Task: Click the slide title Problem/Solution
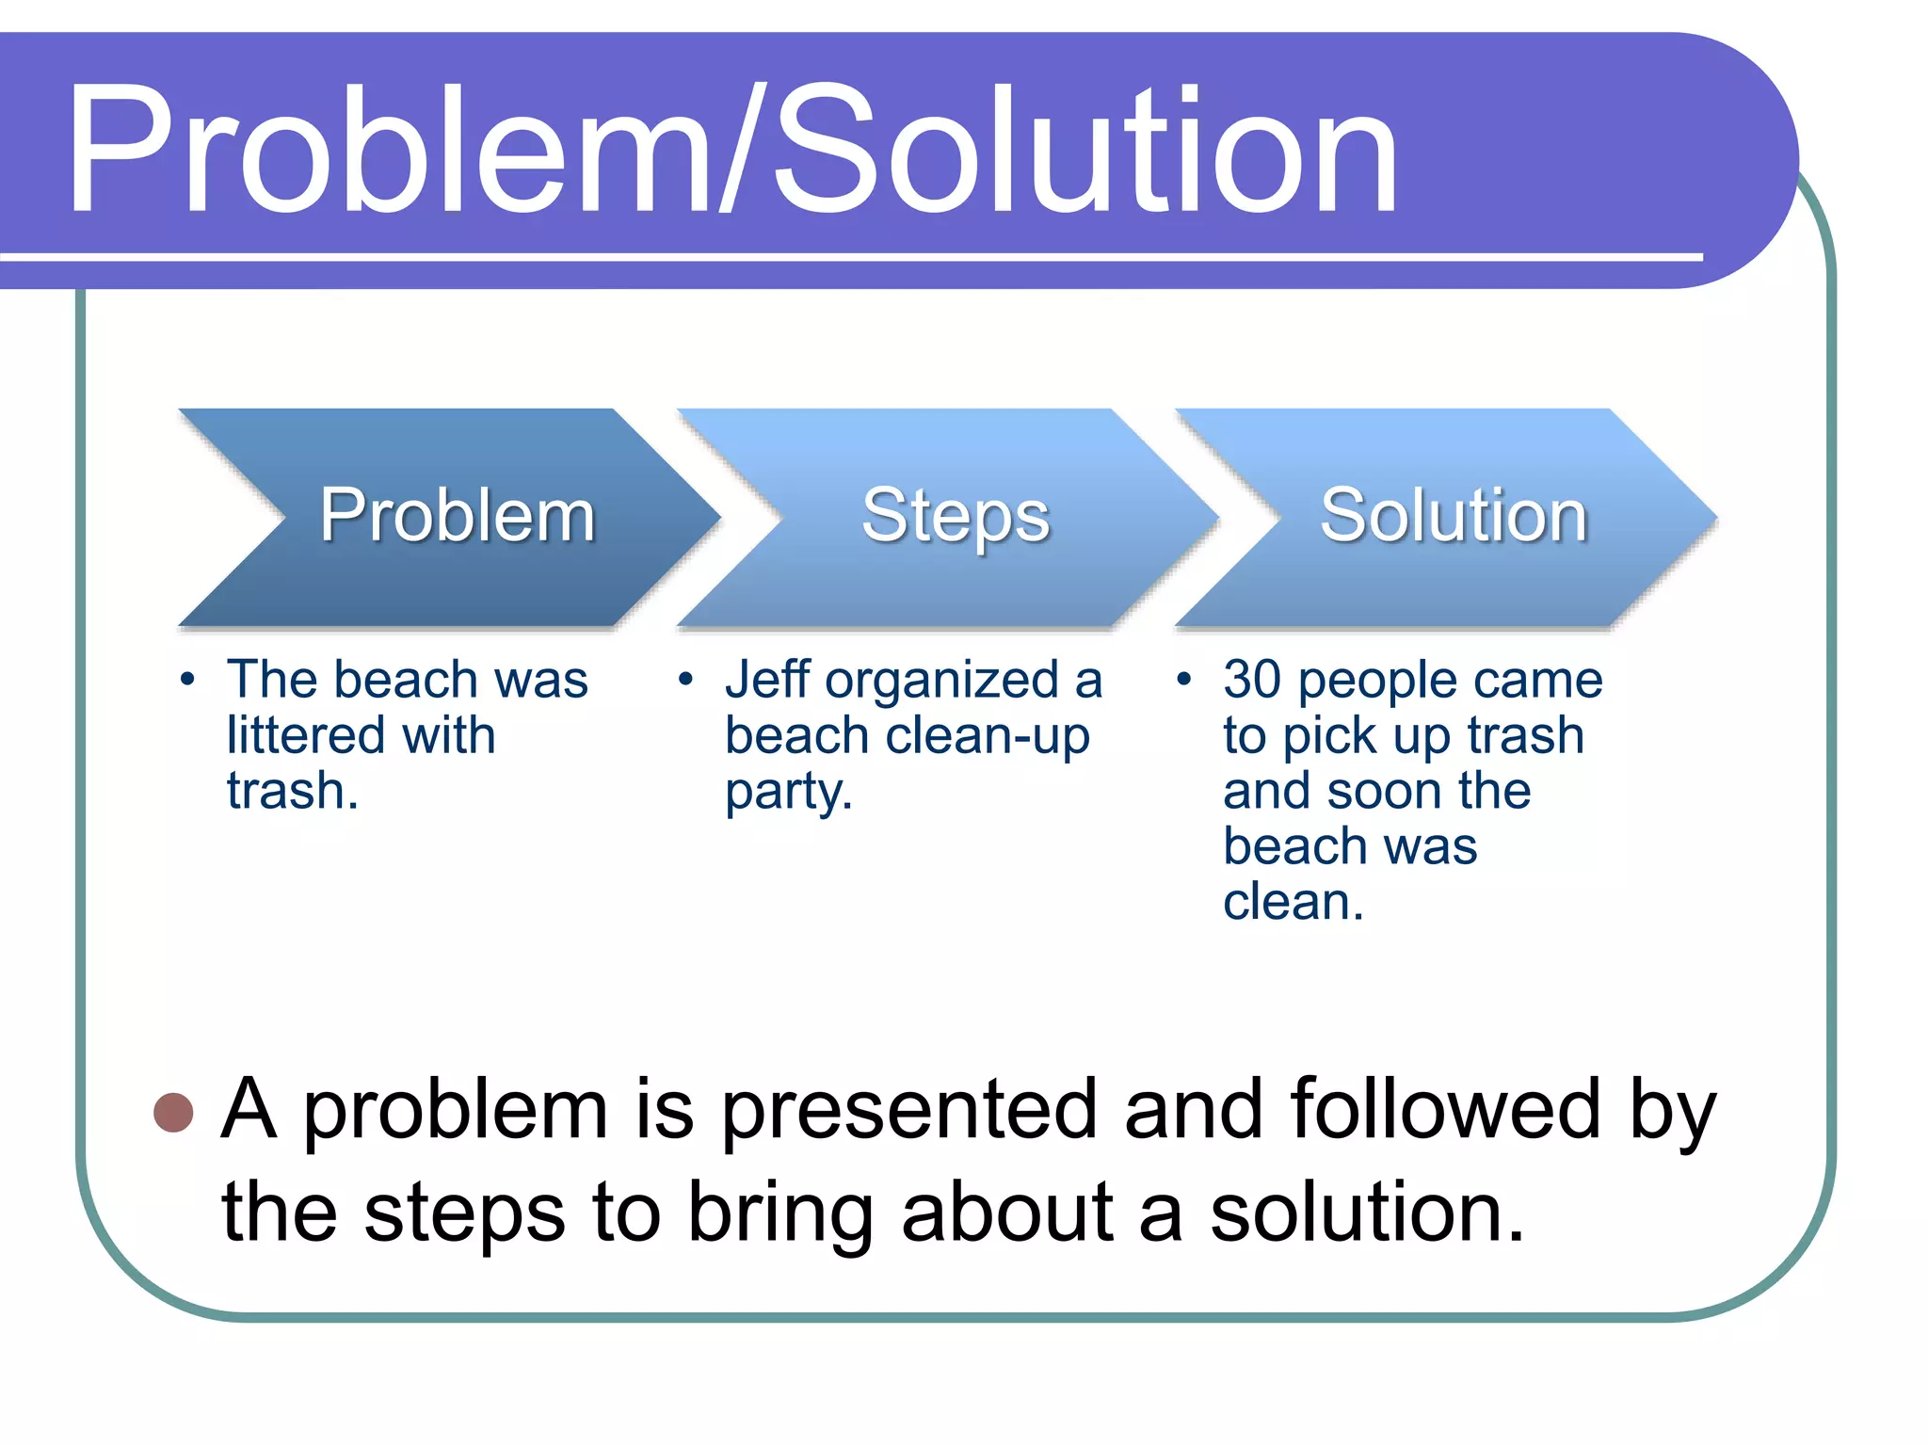click(x=732, y=151)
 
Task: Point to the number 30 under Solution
click(x=1252, y=680)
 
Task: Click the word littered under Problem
click(x=306, y=735)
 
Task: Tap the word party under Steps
click(x=783, y=794)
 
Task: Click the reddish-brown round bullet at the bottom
click(x=173, y=1112)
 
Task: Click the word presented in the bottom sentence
click(x=909, y=1112)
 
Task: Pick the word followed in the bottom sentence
click(x=1445, y=1110)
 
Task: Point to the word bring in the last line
click(x=780, y=1215)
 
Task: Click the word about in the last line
click(x=1007, y=1213)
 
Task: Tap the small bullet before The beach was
click(x=187, y=679)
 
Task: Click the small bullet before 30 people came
click(x=1184, y=679)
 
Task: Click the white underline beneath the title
click(x=847, y=256)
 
